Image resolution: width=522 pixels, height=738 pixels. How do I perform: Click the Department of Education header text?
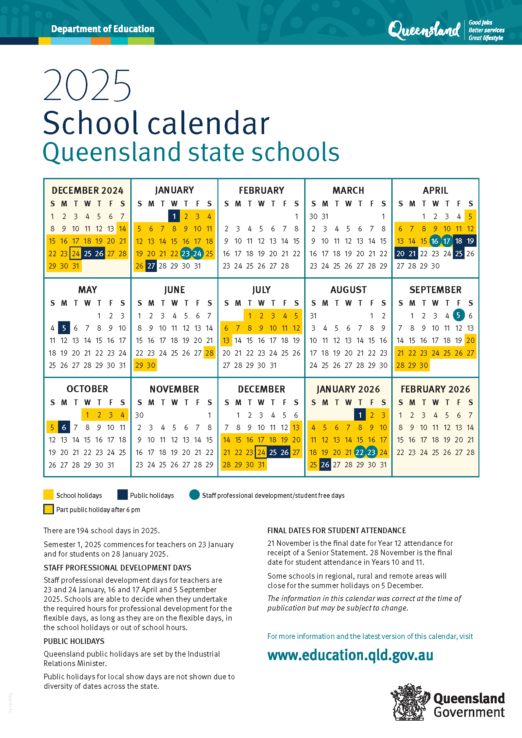[103, 29]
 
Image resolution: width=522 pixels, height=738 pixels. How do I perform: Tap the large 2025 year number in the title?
[87, 85]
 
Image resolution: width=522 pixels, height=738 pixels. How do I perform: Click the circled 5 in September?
[458, 315]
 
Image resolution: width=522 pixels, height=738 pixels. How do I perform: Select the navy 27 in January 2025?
[151, 266]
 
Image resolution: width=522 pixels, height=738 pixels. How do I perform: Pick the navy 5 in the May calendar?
[64, 328]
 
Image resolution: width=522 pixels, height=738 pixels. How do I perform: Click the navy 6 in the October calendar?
[64, 427]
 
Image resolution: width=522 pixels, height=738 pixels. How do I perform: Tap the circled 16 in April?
[435, 241]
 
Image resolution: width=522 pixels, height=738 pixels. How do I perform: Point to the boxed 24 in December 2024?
[75, 254]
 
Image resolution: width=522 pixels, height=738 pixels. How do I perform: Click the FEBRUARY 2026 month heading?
[435, 389]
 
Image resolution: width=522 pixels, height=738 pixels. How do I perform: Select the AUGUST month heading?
[348, 290]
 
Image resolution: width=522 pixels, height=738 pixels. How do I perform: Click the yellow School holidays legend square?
[49, 495]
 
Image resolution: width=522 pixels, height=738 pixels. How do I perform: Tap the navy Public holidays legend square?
[122, 495]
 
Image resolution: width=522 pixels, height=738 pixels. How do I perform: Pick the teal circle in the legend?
[194, 495]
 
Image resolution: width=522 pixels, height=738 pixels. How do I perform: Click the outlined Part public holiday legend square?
[49, 510]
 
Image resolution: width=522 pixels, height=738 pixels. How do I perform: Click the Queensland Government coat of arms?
[410, 702]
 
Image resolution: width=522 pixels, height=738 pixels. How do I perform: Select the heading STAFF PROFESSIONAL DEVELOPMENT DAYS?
[117, 568]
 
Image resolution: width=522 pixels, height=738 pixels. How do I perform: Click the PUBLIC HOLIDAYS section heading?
[74, 641]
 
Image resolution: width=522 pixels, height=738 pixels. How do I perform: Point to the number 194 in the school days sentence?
[82, 530]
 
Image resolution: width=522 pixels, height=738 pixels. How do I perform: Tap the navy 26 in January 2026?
[325, 465]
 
